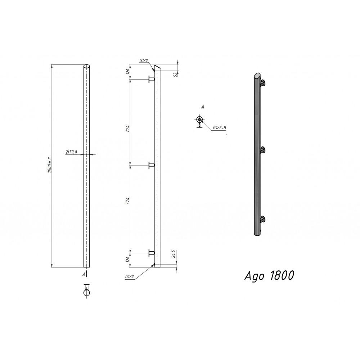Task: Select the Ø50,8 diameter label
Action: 72,152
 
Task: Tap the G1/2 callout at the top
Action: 144,61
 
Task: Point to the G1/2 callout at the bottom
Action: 130,276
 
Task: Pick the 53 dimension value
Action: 175,74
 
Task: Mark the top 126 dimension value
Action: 127,72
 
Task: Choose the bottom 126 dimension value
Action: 127,260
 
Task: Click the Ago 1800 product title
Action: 269,276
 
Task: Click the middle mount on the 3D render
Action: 263,150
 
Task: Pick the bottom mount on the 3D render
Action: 263,219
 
